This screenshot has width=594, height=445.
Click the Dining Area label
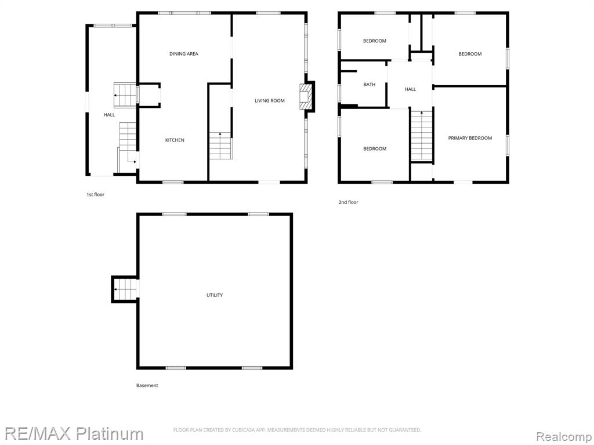coord(184,54)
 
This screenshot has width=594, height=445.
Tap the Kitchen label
coord(175,140)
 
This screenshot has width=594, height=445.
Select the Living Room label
coord(269,101)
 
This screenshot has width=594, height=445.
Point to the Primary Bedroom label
coord(470,138)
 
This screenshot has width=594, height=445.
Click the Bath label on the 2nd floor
coord(370,85)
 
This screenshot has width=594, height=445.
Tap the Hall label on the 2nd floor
coord(410,89)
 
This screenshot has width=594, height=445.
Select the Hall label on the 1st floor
coord(109,115)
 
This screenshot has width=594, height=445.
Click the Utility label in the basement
coord(215,295)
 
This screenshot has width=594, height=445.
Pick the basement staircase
coord(125,289)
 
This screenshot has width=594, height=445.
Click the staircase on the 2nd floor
coord(422,136)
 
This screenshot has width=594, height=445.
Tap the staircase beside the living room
coord(220,145)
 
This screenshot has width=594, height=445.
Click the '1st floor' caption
coord(95,195)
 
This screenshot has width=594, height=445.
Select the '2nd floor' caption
coord(348,202)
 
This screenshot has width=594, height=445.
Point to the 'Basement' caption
coord(147,385)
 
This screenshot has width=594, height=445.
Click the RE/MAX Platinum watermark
coord(74,433)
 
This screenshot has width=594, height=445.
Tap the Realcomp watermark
coord(564,437)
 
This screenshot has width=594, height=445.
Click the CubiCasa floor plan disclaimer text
coord(297,430)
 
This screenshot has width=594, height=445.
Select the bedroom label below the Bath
coord(375,149)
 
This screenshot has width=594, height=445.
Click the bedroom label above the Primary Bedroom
coord(470,54)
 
